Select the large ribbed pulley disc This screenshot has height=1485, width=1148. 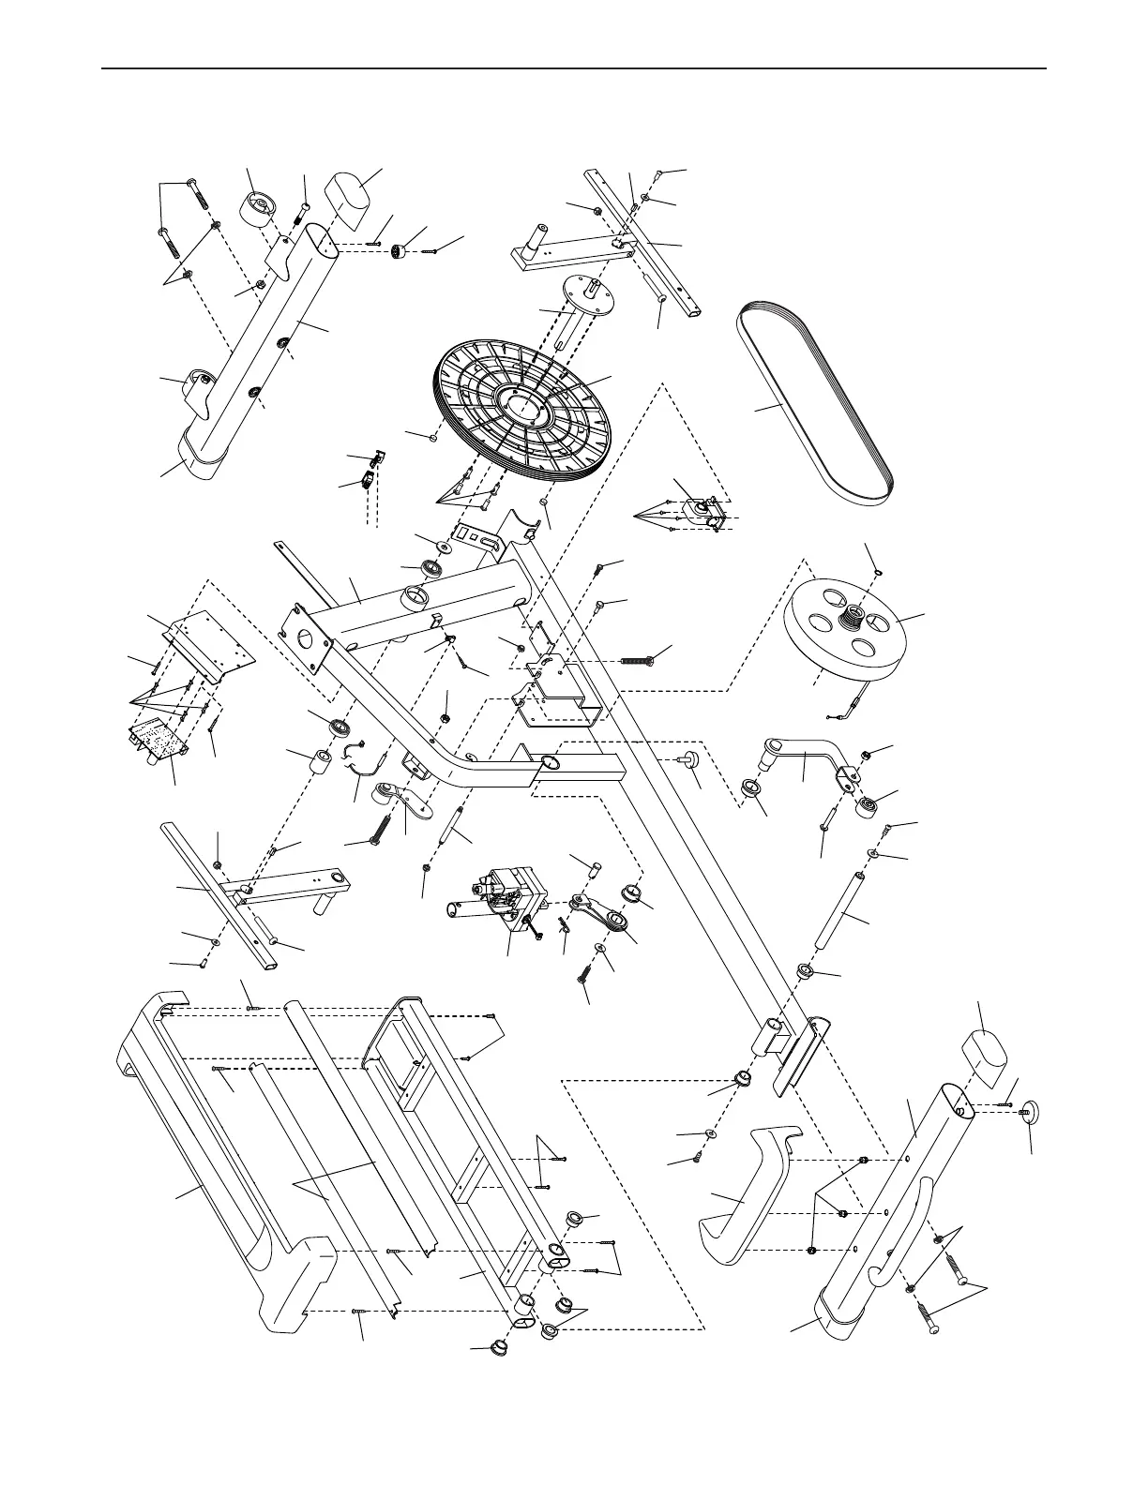(521, 412)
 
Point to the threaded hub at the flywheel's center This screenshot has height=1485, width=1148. (853, 616)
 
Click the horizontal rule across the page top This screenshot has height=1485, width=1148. (574, 68)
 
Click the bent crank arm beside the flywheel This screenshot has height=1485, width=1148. (807, 755)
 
